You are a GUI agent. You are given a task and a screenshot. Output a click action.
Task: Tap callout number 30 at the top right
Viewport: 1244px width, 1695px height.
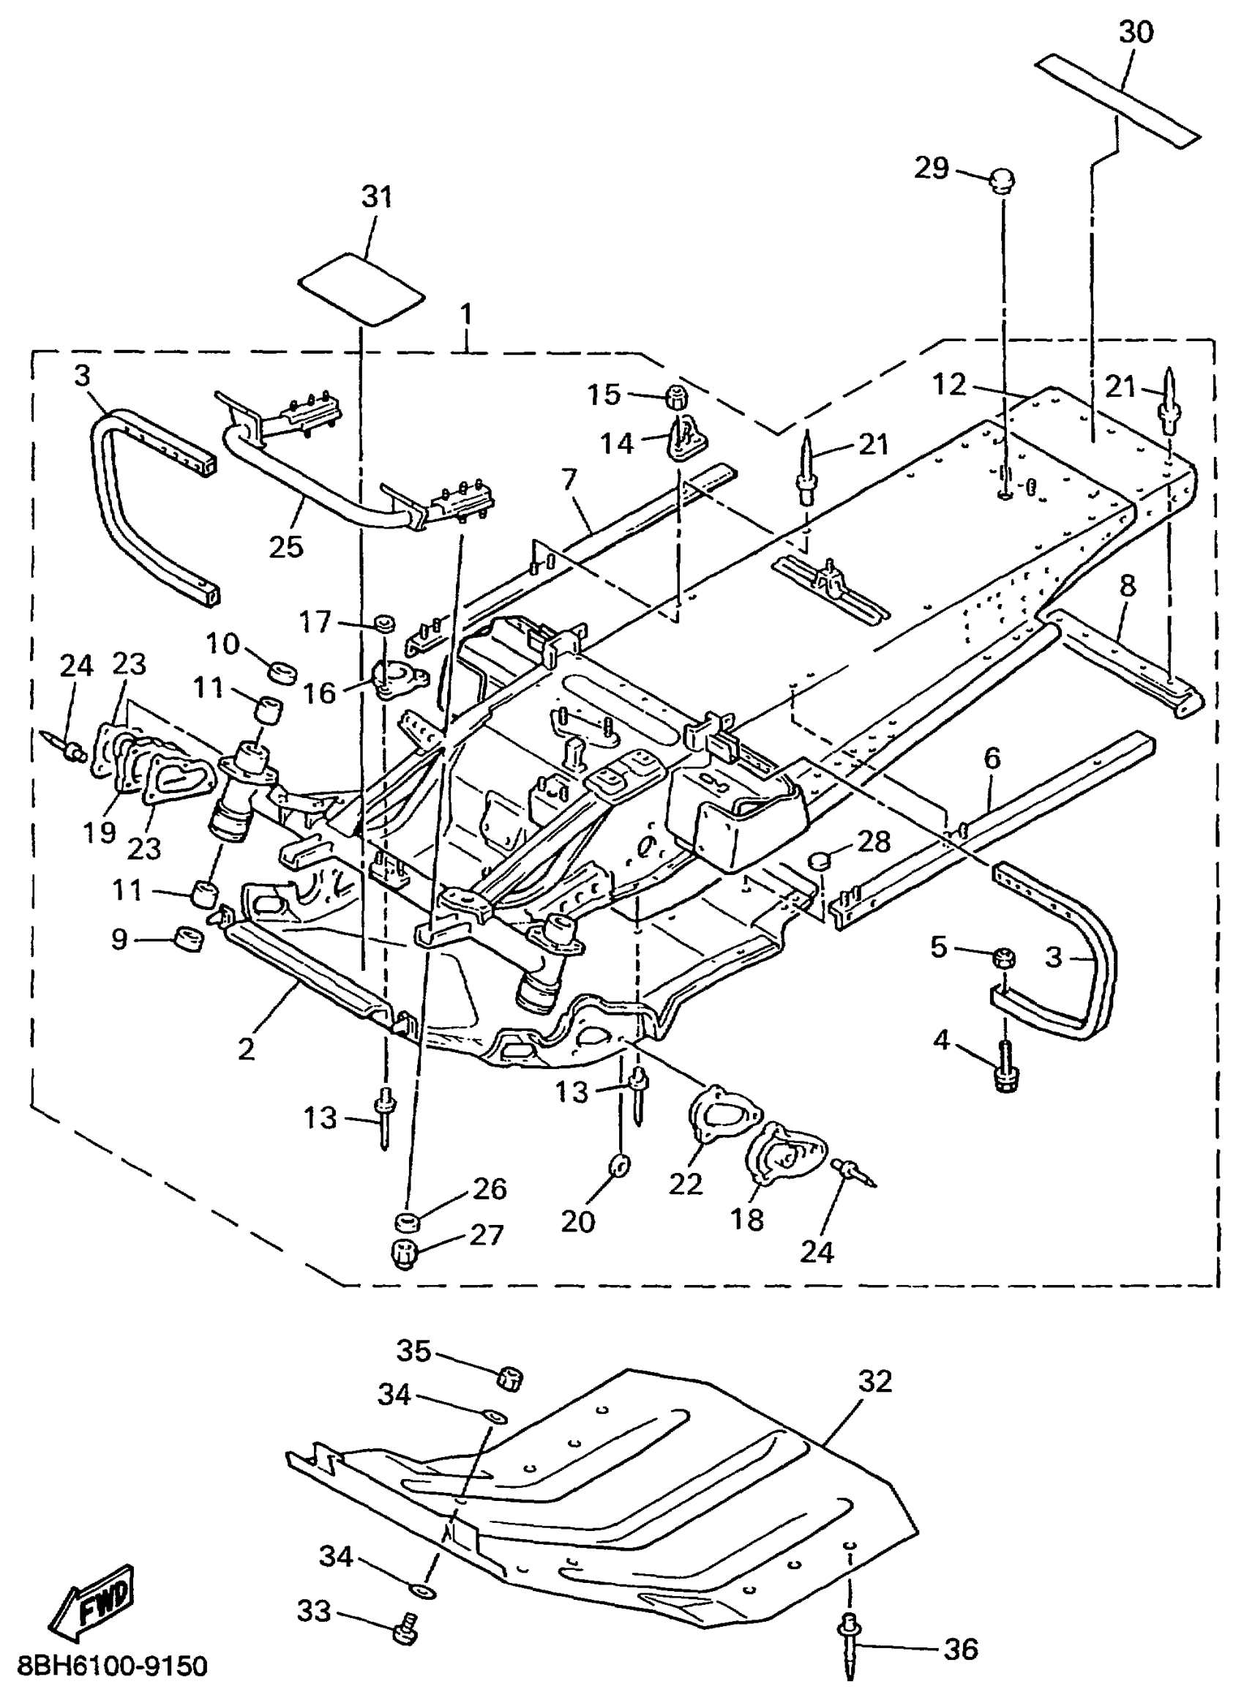click(1136, 32)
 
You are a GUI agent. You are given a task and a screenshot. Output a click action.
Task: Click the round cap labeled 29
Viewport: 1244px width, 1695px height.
click(1002, 181)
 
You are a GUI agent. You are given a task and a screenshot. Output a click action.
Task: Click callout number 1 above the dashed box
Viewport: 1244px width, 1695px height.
click(467, 314)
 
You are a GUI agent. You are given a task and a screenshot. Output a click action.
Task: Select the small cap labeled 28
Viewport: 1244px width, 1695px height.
click(820, 858)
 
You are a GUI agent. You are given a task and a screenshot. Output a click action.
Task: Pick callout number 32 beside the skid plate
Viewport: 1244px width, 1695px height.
click(874, 1381)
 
